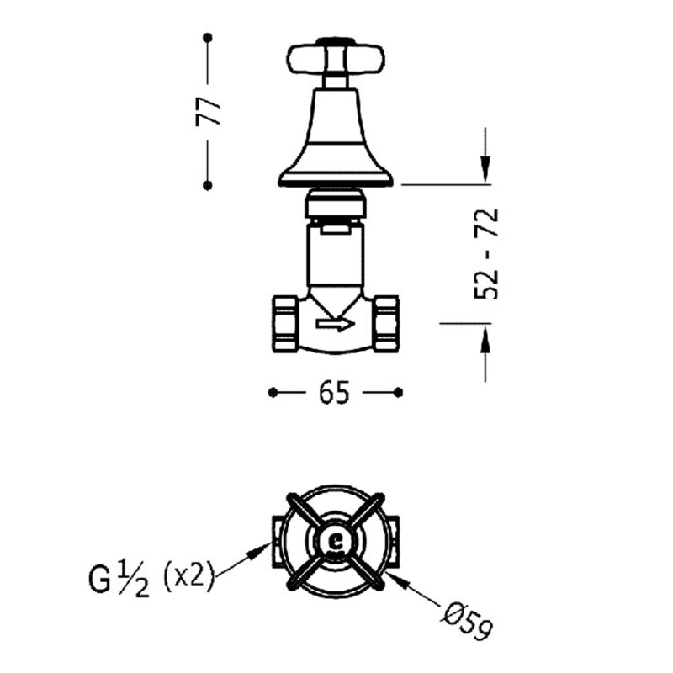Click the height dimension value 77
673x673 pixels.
(208, 112)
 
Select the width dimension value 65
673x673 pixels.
(334, 393)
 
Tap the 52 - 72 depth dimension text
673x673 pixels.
(486, 253)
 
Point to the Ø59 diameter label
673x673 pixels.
(467, 622)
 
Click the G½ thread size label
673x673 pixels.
(119, 579)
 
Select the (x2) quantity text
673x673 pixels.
(188, 576)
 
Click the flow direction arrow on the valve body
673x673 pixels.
(335, 324)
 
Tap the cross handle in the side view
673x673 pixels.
(336, 59)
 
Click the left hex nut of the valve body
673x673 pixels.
(284, 324)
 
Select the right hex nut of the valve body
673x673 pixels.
(386, 324)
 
